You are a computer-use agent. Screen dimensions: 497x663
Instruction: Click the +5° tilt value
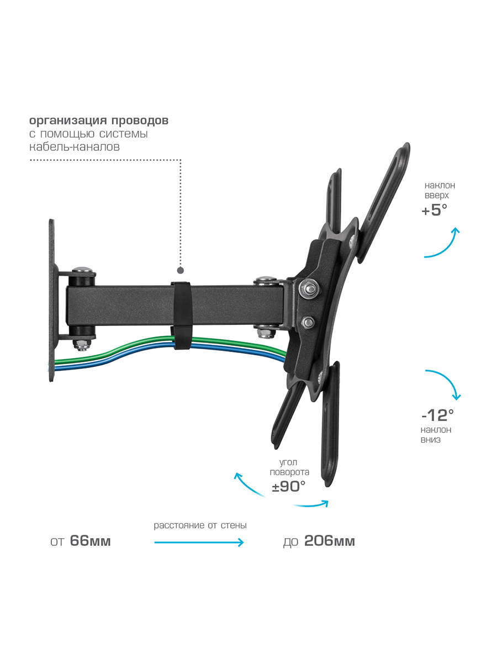(x=434, y=210)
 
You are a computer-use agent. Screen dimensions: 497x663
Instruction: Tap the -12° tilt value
(x=437, y=415)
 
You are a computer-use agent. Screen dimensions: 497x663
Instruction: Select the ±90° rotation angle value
(x=288, y=486)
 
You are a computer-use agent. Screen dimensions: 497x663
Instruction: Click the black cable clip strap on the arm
(x=181, y=315)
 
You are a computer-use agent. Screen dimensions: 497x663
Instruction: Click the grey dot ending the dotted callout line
(x=181, y=270)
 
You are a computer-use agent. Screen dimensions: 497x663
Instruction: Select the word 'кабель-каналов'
(x=75, y=147)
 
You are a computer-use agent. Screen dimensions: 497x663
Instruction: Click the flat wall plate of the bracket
(x=52, y=300)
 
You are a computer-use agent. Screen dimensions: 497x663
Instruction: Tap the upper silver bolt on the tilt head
(x=309, y=288)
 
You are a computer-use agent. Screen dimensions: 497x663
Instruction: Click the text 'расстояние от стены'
(x=200, y=525)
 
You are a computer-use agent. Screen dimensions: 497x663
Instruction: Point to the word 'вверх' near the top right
(x=437, y=196)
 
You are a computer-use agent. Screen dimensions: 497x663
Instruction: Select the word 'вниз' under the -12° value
(x=431, y=440)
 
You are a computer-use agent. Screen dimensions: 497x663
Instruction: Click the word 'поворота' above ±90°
(x=289, y=472)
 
